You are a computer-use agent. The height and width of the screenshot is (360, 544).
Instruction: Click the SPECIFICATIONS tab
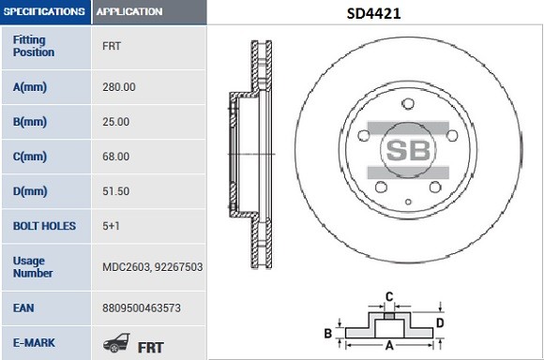pos(44,12)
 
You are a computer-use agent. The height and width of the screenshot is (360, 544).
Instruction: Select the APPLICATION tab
pos(129,12)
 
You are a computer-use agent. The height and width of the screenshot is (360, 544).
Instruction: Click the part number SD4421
pos(372,13)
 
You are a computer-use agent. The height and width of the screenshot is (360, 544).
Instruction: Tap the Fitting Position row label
pos(34,45)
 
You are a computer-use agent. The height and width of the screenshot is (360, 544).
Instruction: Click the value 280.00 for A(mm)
pos(119,87)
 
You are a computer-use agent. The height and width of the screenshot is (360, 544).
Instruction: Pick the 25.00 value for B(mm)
pos(116,122)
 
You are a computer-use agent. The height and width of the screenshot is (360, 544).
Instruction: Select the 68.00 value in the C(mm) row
pos(116,157)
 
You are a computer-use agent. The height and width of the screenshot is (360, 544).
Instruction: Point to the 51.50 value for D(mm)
pos(116,191)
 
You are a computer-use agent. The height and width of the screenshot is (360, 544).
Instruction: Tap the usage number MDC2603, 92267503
pos(152,267)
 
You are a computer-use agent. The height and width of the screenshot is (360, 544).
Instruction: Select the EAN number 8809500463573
pos(140,307)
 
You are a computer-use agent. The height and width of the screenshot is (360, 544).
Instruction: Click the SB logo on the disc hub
pos(407,150)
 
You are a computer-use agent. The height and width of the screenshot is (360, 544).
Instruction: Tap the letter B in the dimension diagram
pos(328,333)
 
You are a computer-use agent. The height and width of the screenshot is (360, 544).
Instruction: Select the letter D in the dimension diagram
pos(440,324)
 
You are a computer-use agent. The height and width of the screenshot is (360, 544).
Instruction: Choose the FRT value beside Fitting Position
pos(111,45)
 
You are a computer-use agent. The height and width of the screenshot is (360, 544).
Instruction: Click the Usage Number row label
pos(34,266)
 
